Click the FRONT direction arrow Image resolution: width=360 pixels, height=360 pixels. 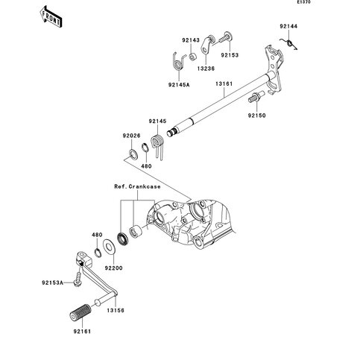coord(51,17)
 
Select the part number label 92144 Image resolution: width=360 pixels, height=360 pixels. coord(288,26)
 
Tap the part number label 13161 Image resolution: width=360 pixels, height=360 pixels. coord(224,84)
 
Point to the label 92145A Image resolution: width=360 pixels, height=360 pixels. coord(179,85)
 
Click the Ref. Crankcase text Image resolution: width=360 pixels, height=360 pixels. coord(137,186)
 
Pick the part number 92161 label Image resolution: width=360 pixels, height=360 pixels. coord(82,332)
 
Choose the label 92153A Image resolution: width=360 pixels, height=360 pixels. coord(52,282)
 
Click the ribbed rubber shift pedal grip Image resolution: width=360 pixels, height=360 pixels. coord(80,312)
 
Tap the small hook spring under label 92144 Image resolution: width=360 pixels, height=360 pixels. coord(288,44)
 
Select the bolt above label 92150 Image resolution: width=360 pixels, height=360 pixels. coord(256,97)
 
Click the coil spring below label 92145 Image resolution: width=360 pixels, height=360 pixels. coord(158,146)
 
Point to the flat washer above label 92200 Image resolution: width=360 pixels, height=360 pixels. coord(109,247)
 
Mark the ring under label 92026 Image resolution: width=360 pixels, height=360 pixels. coord(134,154)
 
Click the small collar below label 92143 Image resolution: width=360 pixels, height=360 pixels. coord(192,57)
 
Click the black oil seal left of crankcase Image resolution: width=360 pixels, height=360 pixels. coord(123,239)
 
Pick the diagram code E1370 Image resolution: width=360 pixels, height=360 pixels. coord(304,2)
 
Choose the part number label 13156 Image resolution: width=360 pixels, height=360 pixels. coord(116,311)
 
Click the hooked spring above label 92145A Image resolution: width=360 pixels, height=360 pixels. coord(179,62)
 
